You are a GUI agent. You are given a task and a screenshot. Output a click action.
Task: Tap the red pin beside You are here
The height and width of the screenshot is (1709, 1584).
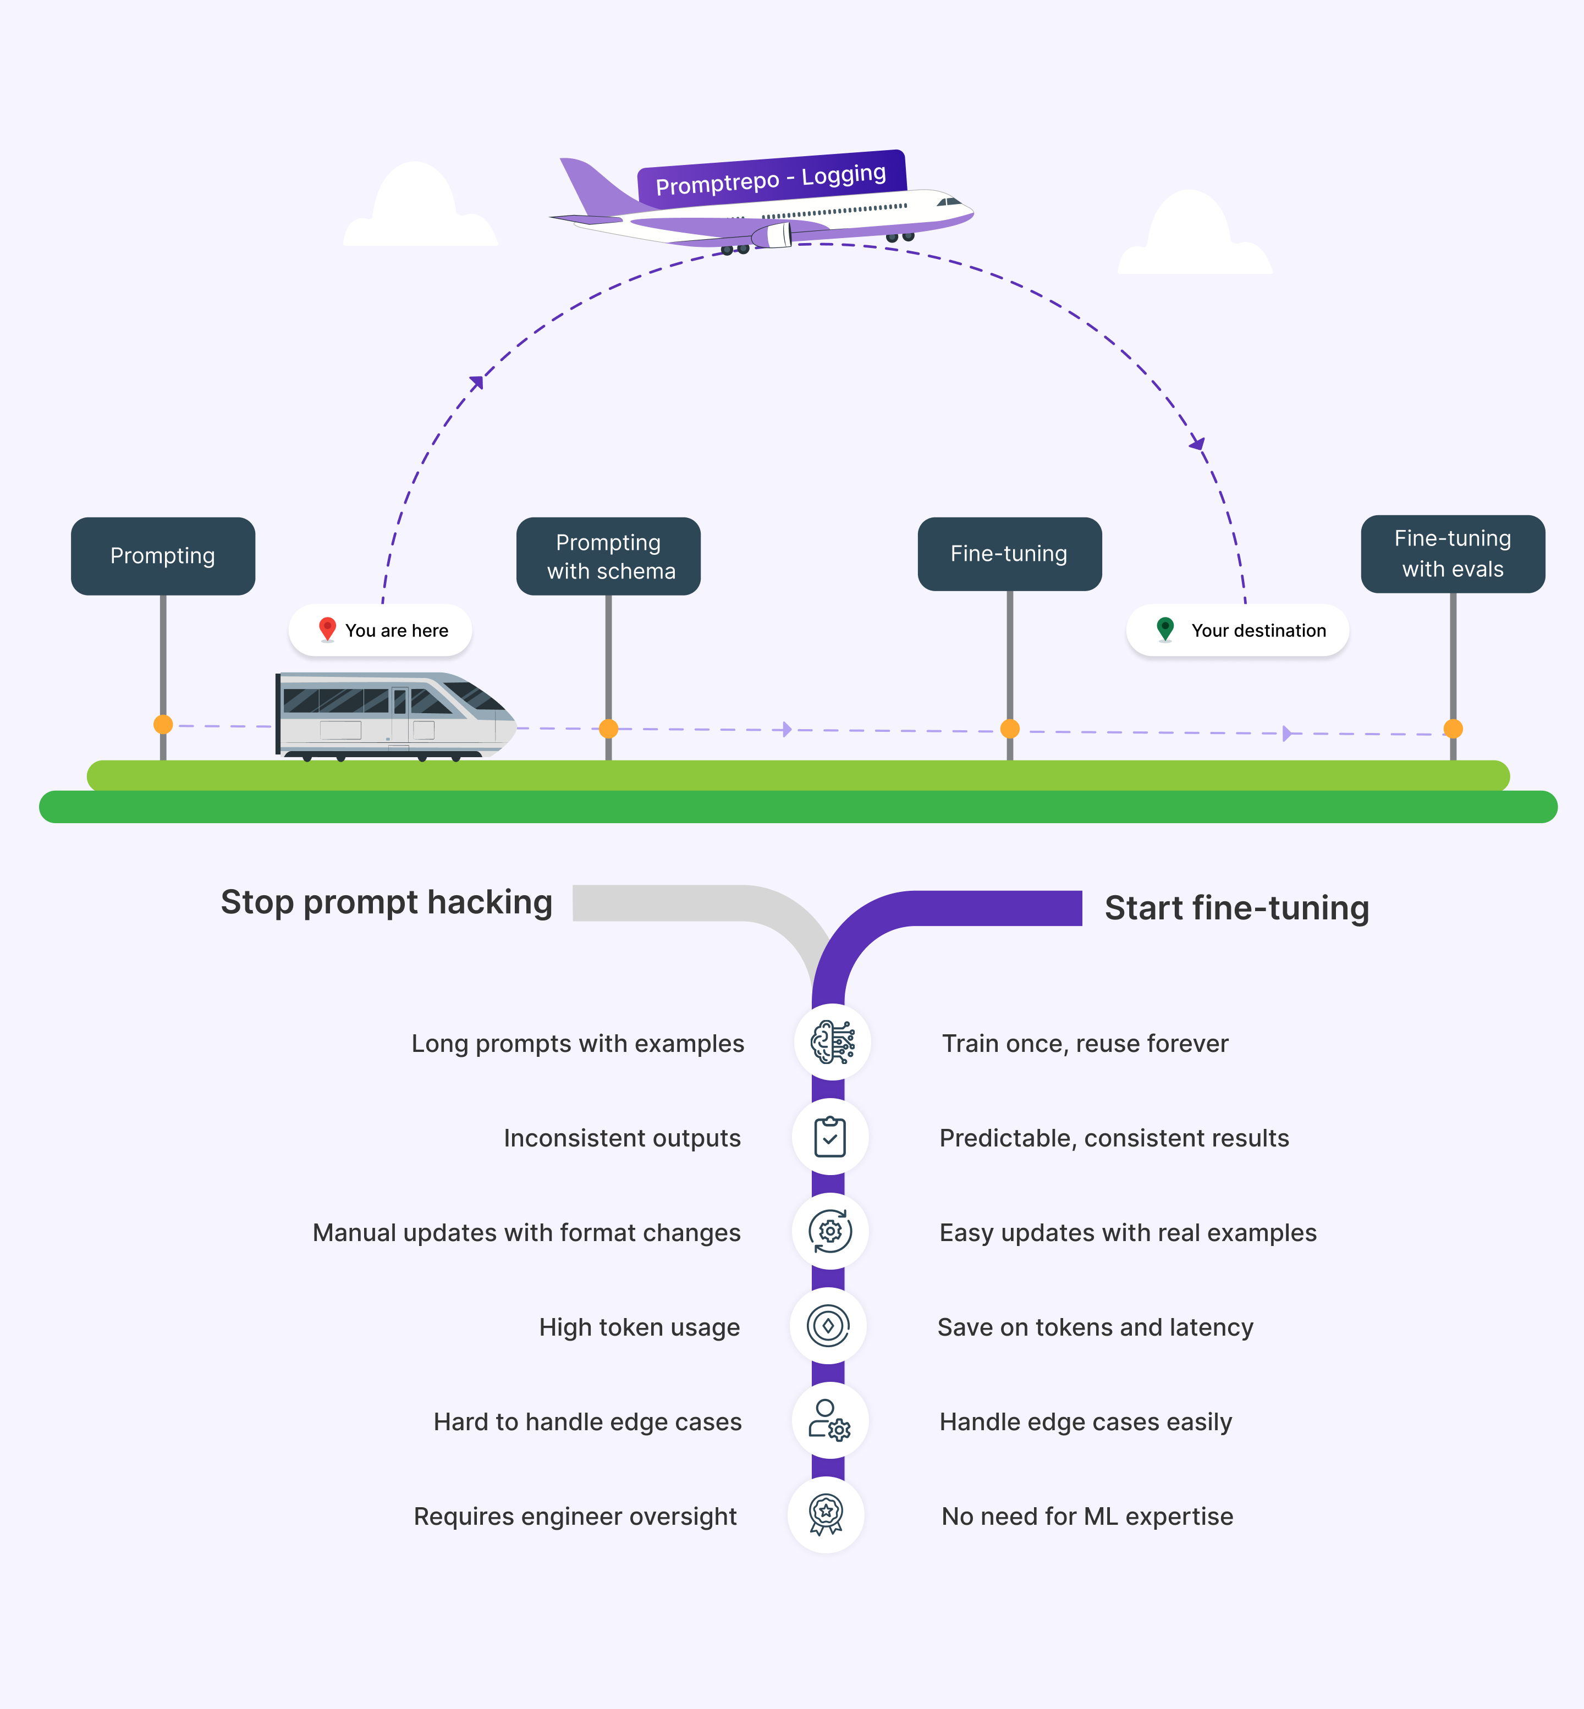coord(327,629)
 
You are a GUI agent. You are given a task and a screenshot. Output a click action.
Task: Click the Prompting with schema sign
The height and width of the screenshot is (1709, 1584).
coord(608,556)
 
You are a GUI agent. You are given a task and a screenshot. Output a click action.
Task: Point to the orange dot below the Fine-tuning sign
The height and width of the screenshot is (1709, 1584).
coord(1010,729)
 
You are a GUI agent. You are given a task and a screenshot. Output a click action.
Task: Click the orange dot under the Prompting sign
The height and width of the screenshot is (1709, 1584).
coord(163,724)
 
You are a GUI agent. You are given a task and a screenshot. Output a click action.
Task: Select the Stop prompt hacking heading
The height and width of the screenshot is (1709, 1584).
coord(387,902)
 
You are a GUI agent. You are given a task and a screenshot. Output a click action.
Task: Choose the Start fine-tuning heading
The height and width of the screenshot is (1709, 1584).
coord(1236,908)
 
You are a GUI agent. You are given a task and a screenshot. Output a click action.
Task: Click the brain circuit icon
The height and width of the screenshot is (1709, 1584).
coord(832,1042)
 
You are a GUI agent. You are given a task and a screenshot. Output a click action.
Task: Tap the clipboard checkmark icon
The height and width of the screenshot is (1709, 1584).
coord(830,1137)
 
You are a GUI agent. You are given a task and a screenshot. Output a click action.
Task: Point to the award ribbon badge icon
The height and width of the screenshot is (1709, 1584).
coord(826,1514)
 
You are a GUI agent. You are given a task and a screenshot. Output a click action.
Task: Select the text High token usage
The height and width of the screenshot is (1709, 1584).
coord(640,1327)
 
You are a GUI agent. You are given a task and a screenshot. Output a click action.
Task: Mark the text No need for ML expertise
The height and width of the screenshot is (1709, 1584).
coord(1087,1516)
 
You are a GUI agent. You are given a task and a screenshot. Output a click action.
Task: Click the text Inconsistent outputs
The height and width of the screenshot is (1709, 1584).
coord(622,1138)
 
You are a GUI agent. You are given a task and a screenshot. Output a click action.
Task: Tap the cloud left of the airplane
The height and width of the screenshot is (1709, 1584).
coord(419,211)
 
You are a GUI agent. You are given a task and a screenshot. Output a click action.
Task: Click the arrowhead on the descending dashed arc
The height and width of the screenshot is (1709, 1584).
coord(1197,443)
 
